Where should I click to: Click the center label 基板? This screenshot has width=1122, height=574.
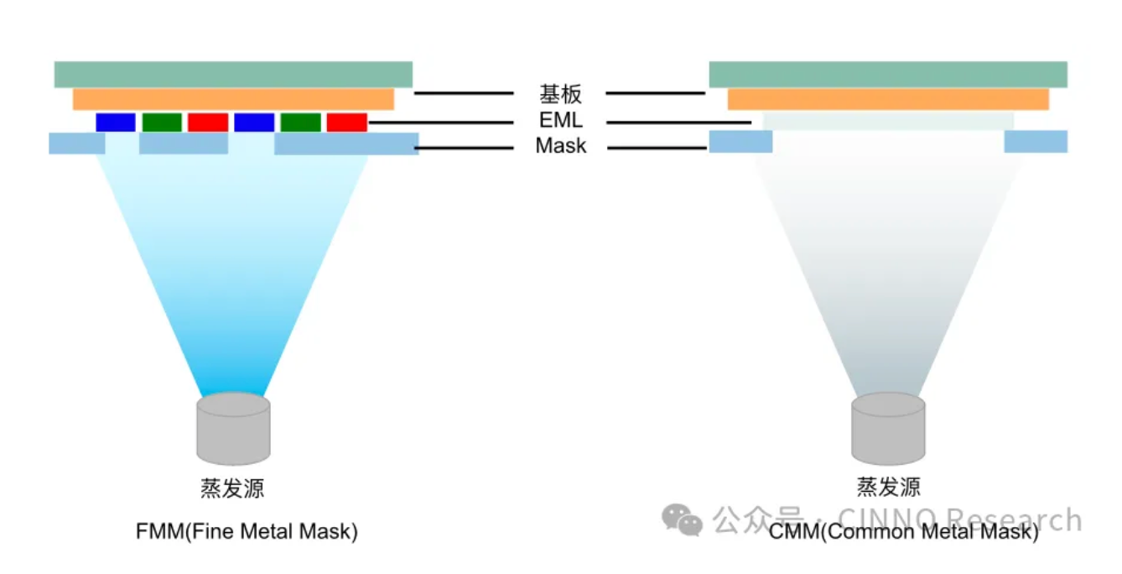560,93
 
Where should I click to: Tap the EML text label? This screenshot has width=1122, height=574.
560,121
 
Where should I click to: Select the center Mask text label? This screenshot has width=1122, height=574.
560,147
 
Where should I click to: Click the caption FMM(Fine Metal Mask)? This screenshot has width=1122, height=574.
247,532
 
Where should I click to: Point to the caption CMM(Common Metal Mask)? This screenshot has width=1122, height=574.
904,532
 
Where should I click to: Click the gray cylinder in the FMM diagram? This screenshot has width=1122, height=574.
233,428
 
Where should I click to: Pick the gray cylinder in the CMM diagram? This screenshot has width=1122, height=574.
888,428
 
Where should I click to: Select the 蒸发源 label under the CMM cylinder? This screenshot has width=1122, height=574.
888,487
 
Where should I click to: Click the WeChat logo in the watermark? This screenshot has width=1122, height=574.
681,520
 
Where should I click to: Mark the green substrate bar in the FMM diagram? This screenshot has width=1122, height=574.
233,74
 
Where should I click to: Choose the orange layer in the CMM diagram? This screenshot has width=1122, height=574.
888,99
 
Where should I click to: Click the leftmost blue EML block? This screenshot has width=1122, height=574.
116,123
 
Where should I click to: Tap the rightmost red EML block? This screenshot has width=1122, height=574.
347,123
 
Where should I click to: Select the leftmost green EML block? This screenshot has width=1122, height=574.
162,123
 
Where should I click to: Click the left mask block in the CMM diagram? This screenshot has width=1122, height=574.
740,142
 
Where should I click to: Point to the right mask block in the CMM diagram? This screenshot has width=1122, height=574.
1036,142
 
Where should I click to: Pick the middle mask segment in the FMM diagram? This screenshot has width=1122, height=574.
183,143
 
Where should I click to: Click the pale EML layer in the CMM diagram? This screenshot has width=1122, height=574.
888,122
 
